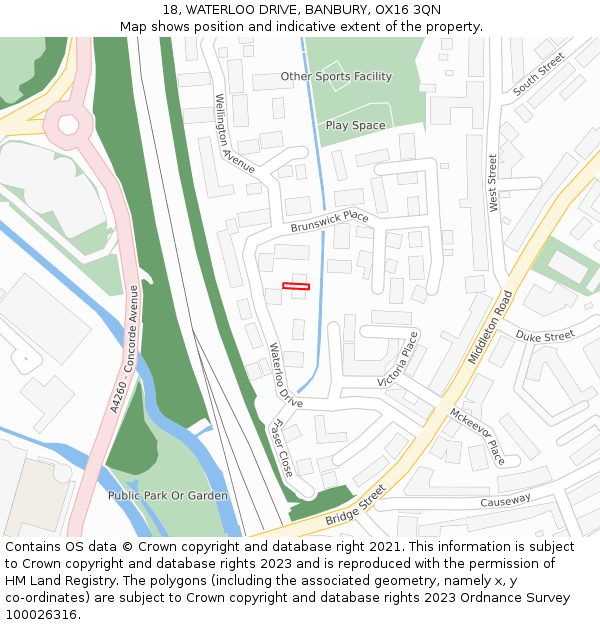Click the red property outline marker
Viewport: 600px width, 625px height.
[x=296, y=287]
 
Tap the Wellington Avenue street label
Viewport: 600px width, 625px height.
[x=234, y=134]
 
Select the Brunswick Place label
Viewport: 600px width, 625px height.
[x=329, y=221]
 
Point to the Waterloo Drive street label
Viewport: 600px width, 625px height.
[x=285, y=374]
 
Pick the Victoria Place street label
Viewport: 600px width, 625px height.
[x=398, y=360]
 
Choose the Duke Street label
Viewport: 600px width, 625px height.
[x=545, y=336]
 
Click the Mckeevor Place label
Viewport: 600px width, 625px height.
[x=478, y=436]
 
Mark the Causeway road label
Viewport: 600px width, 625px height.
[x=505, y=501]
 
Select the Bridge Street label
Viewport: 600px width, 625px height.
[x=355, y=507]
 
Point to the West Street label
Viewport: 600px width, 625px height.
[x=493, y=182]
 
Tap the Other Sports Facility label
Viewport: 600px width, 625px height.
[x=336, y=76]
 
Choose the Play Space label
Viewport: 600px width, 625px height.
[x=355, y=125]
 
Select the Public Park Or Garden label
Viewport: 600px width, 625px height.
[x=168, y=495]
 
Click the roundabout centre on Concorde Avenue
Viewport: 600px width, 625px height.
[x=68, y=124]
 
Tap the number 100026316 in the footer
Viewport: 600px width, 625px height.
[x=37, y=614]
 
